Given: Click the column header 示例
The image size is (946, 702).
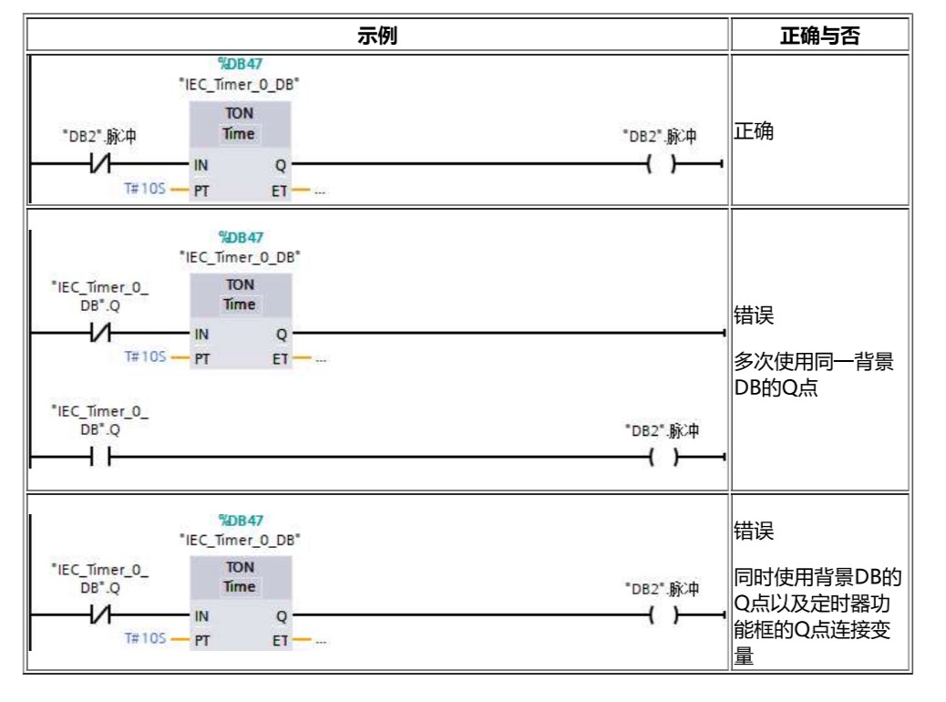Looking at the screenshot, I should click(x=376, y=37).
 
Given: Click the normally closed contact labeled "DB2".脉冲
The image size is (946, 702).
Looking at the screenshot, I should click(x=100, y=165).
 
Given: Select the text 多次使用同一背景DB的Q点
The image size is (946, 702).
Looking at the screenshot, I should click(x=814, y=374).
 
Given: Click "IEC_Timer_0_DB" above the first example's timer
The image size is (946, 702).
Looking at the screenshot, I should click(x=241, y=83).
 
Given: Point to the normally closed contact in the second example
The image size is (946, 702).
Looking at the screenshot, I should click(x=100, y=334).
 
